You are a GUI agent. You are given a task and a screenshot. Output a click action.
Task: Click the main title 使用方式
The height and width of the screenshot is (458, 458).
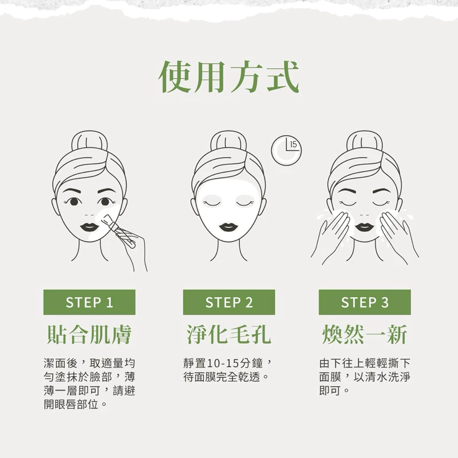(x=228, y=77)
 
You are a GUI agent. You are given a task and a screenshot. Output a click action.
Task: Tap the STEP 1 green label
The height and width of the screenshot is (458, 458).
(x=89, y=302)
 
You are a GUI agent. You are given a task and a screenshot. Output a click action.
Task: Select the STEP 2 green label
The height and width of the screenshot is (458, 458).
(x=229, y=302)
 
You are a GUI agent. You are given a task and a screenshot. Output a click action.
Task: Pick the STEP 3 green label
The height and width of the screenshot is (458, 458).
(x=365, y=302)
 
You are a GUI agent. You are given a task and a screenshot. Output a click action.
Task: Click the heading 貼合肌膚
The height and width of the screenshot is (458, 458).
(x=89, y=335)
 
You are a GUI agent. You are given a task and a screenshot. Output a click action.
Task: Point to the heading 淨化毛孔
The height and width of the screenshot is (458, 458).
(x=229, y=335)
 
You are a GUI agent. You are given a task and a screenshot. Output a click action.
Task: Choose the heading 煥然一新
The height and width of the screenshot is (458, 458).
(x=365, y=335)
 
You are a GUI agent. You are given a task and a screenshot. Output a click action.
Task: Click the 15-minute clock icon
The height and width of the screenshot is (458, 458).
(x=286, y=150)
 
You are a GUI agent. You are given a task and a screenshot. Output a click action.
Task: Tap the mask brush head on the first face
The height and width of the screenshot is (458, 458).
(x=105, y=219)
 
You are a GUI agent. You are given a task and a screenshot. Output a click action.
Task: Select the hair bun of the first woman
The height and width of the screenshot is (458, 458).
(x=90, y=141)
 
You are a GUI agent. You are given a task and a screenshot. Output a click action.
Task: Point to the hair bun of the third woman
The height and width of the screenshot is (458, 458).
(x=365, y=141)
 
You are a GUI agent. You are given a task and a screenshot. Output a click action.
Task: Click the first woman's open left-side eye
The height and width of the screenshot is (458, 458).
(x=74, y=202)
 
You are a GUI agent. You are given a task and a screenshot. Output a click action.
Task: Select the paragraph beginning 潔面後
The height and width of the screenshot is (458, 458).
(x=89, y=384)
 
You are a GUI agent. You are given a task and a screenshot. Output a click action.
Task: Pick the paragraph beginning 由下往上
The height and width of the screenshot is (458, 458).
(x=365, y=377)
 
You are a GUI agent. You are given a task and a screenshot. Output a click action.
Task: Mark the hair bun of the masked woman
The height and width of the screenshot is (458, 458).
(x=228, y=141)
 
